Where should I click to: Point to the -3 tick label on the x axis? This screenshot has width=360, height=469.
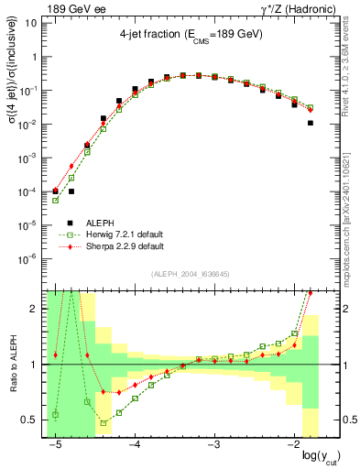214,443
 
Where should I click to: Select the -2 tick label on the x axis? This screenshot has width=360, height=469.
293,443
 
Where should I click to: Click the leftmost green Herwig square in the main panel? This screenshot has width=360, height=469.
56,200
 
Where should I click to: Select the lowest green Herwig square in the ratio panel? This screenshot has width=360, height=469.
104,423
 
